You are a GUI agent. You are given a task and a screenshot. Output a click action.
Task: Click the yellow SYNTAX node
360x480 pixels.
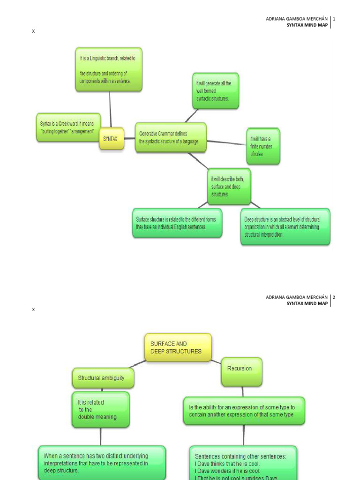pyautogui.click(x=111, y=139)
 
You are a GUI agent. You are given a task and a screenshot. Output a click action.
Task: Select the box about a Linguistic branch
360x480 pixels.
pyautogui.click(x=109, y=69)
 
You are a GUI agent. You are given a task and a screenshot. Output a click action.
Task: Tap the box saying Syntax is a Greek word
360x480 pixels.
pyautogui.click(x=68, y=127)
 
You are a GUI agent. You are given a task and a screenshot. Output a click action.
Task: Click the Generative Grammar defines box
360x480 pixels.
pyautogui.click(x=171, y=137)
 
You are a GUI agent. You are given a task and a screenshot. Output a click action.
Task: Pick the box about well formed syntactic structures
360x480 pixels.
pyautogui.click(x=215, y=91)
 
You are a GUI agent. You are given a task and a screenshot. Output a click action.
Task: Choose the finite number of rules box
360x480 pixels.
pyautogui.click(x=263, y=146)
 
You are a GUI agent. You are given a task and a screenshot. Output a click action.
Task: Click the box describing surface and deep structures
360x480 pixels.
pyautogui.click(x=229, y=187)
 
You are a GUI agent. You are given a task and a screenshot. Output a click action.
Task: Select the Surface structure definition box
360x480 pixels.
pyautogui.click(x=177, y=223)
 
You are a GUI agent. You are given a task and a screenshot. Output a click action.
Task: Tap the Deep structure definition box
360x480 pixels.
pyautogui.click(x=285, y=226)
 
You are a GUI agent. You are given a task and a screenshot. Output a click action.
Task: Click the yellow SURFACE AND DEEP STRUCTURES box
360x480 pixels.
pyautogui.click(x=178, y=347)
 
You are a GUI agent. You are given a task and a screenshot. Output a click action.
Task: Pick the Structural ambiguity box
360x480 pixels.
pyautogui.click(x=103, y=378)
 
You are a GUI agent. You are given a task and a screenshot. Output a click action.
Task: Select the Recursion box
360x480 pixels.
pyautogui.click(x=241, y=372)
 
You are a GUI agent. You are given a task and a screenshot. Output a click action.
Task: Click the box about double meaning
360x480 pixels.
pyautogui.click(x=100, y=410)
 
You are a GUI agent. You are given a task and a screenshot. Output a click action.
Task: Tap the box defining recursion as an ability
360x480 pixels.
pyautogui.click(x=244, y=411)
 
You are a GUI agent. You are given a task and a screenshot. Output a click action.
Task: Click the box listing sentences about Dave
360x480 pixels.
pyautogui.click(x=243, y=463)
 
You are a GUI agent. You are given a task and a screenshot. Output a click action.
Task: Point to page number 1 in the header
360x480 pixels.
pyautogui.click(x=334, y=19)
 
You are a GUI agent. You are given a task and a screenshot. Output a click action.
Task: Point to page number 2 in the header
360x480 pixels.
pyautogui.click(x=334, y=297)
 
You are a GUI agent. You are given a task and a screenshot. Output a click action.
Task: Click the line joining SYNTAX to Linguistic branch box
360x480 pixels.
pyautogui.click(x=110, y=109)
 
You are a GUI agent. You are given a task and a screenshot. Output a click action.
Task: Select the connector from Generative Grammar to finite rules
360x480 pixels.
pyautogui.click(x=226, y=142)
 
